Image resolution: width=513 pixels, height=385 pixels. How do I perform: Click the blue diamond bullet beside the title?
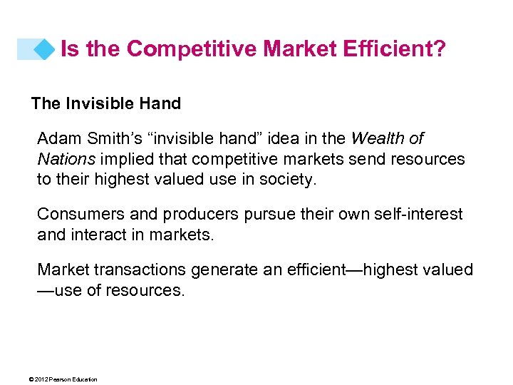44,49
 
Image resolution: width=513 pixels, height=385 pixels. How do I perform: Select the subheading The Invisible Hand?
106,103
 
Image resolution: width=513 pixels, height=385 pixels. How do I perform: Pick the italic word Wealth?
378,138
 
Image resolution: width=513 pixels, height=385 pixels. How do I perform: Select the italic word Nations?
63,159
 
